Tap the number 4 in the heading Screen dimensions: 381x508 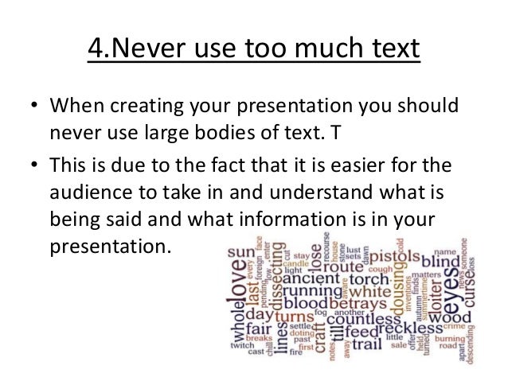[x=94, y=49]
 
